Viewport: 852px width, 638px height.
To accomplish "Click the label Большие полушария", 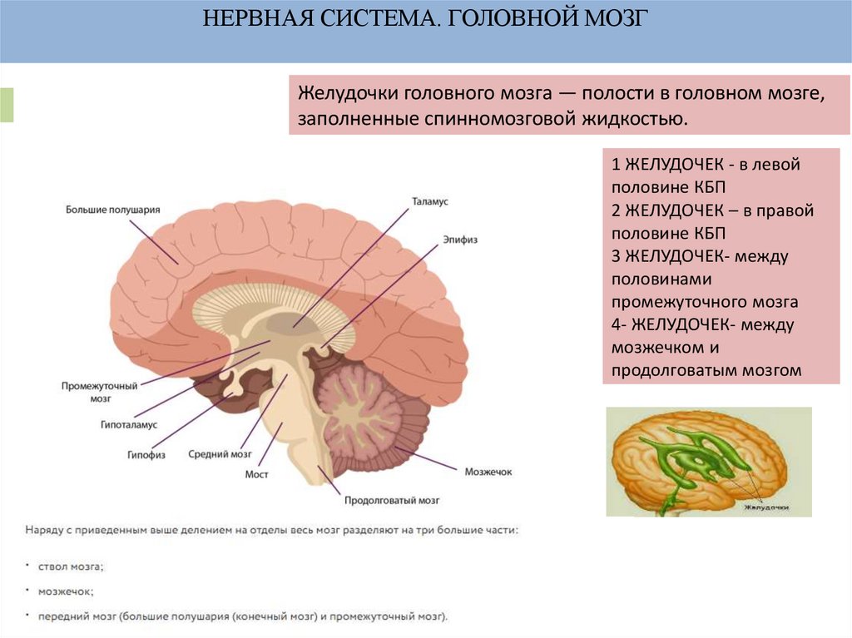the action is [x=112, y=210].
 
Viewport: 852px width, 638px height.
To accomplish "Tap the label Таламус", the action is [x=430, y=202].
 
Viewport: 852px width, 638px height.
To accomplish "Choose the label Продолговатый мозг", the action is [x=392, y=501].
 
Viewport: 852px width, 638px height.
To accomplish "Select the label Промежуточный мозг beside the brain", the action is [x=99, y=392].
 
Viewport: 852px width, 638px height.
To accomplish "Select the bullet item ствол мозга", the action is [x=71, y=566].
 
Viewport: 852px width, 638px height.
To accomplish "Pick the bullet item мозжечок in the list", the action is [x=66, y=591].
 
